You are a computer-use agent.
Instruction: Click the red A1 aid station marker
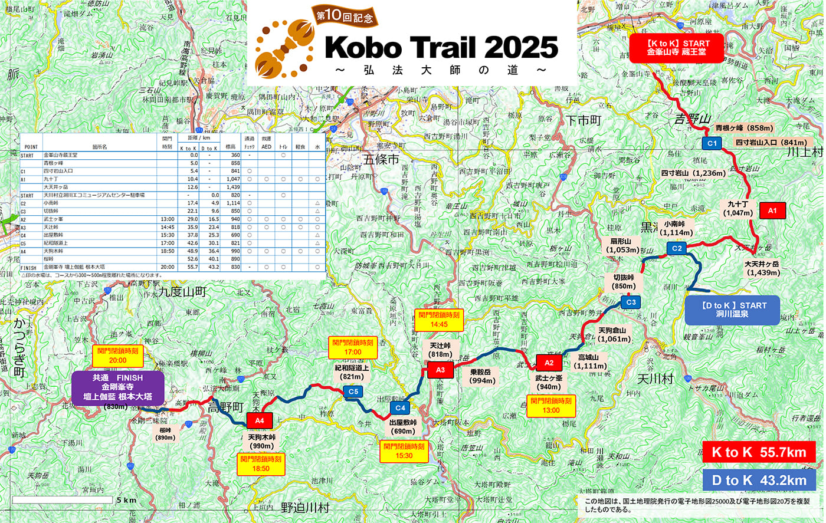point(772,210)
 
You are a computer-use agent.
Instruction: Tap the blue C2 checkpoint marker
point(677,248)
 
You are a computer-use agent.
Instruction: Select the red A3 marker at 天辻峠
point(440,370)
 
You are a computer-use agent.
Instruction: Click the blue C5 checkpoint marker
point(353,392)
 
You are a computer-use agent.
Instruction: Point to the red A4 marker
point(259,420)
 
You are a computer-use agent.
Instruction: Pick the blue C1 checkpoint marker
point(712,143)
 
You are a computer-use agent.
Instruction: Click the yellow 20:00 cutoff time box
point(118,356)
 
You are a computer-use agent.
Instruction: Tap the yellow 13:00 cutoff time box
point(550,406)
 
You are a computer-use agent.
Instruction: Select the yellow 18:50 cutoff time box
point(261,464)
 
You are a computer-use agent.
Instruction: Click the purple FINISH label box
point(117,387)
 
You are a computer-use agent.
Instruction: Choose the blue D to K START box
point(732,310)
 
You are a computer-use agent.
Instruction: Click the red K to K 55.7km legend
point(759,452)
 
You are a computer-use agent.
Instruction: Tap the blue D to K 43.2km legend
point(759,480)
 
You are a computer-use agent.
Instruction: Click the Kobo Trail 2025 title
point(441,47)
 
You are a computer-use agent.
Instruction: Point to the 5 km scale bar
point(63,500)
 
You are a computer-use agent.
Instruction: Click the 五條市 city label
point(381,159)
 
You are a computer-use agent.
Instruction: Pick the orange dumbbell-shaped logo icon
point(284,49)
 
